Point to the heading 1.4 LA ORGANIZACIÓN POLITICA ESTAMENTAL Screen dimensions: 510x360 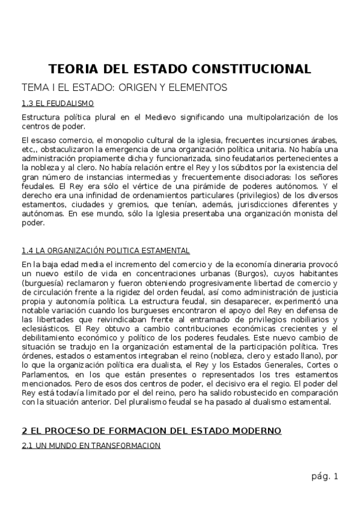(x=105, y=250)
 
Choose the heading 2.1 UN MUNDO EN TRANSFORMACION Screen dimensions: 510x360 (x=91, y=446)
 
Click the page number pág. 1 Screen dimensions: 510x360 (x=325, y=477)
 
